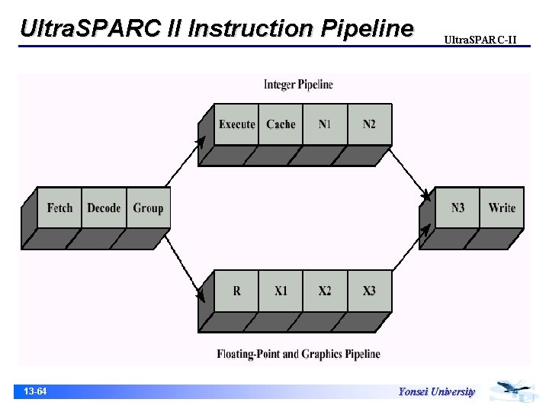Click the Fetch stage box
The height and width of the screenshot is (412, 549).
tap(59, 208)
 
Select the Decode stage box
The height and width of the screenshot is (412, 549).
tap(104, 208)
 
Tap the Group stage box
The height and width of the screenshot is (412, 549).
tap(148, 208)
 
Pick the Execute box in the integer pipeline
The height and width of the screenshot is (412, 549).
tap(236, 124)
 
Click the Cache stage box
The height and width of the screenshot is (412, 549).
tap(281, 124)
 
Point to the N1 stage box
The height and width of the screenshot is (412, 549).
tap(325, 124)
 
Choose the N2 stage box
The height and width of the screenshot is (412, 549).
tap(369, 124)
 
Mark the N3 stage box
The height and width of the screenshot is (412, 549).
tap(457, 208)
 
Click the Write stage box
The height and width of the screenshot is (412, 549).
tap(502, 208)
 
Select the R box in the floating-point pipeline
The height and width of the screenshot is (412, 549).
tap(236, 291)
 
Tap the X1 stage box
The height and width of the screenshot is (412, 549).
tap(281, 291)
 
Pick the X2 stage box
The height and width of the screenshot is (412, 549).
tap(325, 291)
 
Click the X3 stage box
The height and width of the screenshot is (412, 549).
tap(369, 291)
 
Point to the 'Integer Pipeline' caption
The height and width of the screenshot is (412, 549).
tap(298, 85)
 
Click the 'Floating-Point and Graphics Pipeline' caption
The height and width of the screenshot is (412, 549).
tap(298, 354)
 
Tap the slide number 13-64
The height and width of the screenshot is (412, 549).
tap(35, 391)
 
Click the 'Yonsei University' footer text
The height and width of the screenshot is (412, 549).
tap(436, 392)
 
